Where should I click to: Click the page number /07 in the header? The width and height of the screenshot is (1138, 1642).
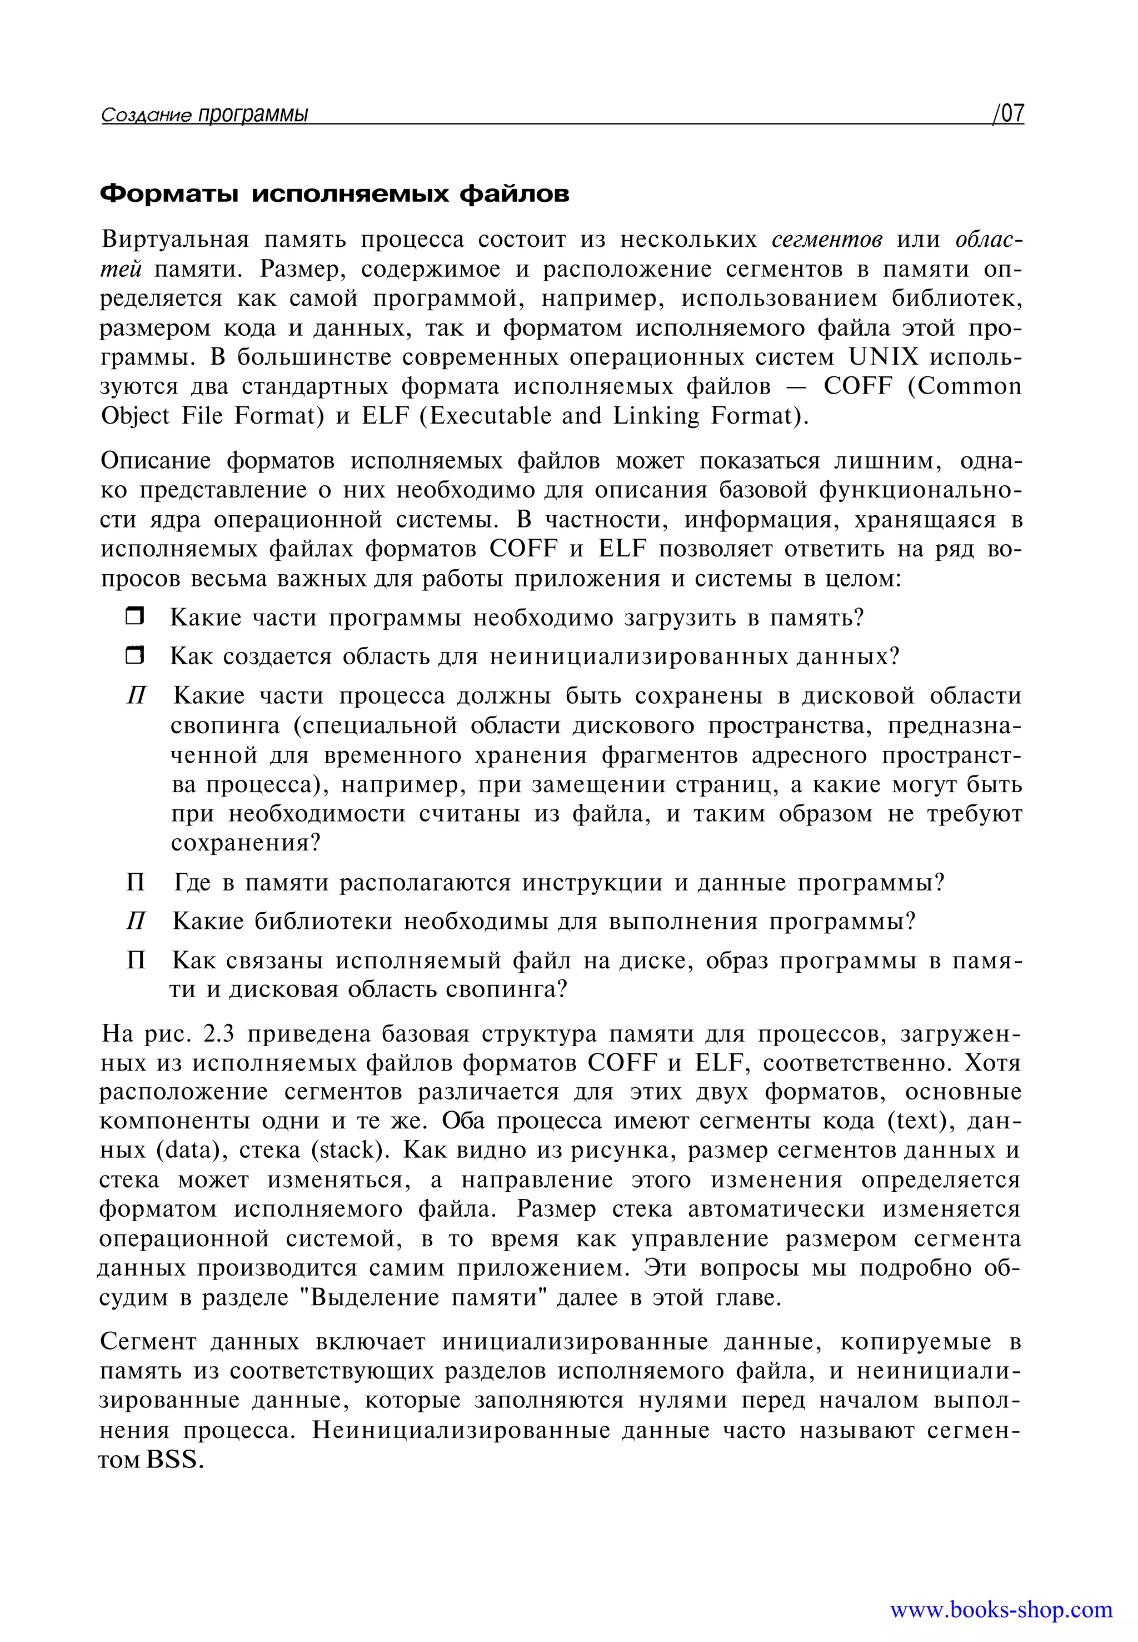pyautogui.click(x=1008, y=113)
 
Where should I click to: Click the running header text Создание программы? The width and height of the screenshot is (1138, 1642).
pyautogui.click(x=204, y=114)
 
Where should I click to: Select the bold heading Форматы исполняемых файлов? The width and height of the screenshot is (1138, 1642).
pyautogui.click(x=335, y=193)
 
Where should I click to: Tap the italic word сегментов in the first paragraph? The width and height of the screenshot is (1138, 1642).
pyautogui.click(x=827, y=240)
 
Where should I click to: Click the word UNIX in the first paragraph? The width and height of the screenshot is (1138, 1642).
pyautogui.click(x=884, y=357)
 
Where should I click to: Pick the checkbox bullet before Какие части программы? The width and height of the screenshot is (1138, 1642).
pyautogui.click(x=135, y=616)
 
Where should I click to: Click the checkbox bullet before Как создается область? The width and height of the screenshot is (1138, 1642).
pyautogui.click(x=135, y=655)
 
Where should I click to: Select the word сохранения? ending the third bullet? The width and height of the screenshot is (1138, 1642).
pyautogui.click(x=246, y=843)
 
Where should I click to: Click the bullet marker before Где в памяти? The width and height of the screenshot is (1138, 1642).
pyautogui.click(x=136, y=883)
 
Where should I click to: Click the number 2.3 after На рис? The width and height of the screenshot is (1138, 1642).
pyautogui.click(x=219, y=1033)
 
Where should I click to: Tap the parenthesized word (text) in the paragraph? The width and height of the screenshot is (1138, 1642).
pyautogui.click(x=921, y=1121)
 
